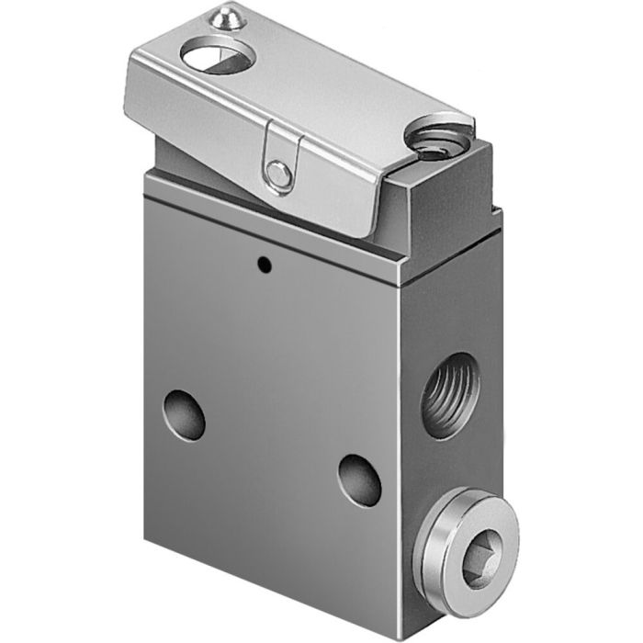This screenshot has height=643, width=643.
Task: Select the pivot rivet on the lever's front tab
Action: click(276, 172)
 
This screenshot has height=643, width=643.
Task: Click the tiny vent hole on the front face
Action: click(264, 267)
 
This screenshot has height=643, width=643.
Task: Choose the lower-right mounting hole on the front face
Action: click(359, 479)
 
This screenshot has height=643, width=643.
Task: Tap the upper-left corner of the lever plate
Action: click(129, 60)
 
